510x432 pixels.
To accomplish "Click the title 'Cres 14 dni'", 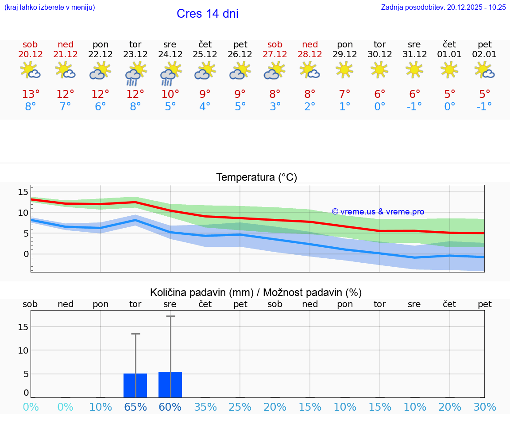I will point(207,14).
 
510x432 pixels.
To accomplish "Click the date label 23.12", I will point(135,54).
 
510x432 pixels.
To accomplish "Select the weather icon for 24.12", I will point(170,73).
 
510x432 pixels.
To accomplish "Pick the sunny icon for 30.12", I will point(379,70).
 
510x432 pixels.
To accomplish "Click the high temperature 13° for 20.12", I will point(31,94).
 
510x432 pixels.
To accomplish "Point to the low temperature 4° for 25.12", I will point(205,107).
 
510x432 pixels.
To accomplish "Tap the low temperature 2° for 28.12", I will point(310,107).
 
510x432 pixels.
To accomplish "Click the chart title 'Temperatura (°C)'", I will point(256,178).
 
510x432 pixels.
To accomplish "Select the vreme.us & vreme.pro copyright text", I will point(378,212).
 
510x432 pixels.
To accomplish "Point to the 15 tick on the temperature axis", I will point(23,192).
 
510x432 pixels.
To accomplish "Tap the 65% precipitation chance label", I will point(135,407).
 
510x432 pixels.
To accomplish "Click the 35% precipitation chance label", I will point(205,407).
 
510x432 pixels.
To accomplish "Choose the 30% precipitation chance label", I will point(485,407).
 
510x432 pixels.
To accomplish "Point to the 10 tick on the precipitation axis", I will point(23,350).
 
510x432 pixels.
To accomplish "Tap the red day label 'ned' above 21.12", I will point(66,45).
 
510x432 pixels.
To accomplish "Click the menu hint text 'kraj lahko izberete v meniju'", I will point(50,7).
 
